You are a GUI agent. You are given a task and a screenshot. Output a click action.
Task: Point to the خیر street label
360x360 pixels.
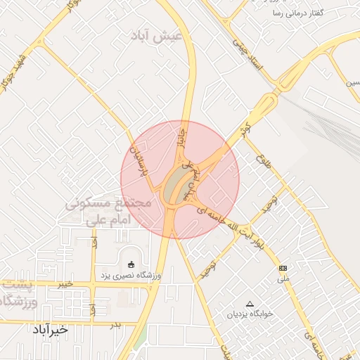click(x=65, y=283)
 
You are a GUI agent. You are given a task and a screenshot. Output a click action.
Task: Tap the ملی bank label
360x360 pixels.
click(x=283, y=278)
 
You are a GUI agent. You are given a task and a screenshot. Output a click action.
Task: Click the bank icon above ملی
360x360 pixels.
click(x=283, y=268)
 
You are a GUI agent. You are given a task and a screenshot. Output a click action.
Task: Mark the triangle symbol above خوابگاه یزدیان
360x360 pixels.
click(x=248, y=304)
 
